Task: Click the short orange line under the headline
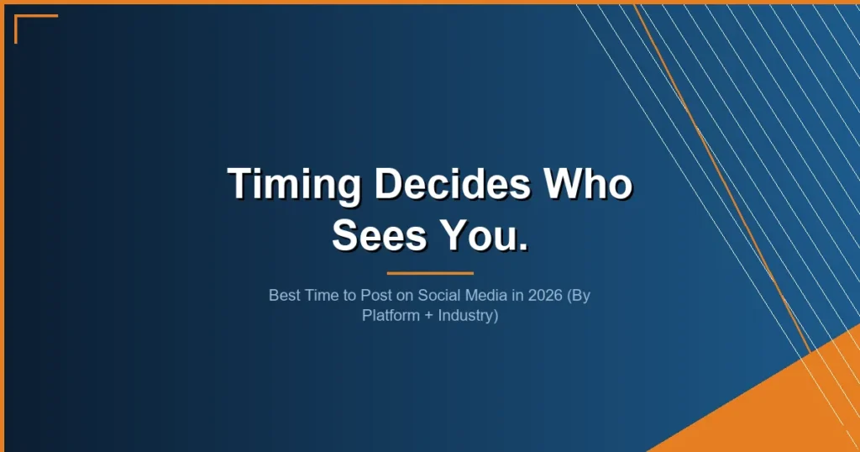tap(430, 273)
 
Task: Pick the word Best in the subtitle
tap(283, 296)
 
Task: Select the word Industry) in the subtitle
tap(467, 317)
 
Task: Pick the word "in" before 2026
tap(496, 296)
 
